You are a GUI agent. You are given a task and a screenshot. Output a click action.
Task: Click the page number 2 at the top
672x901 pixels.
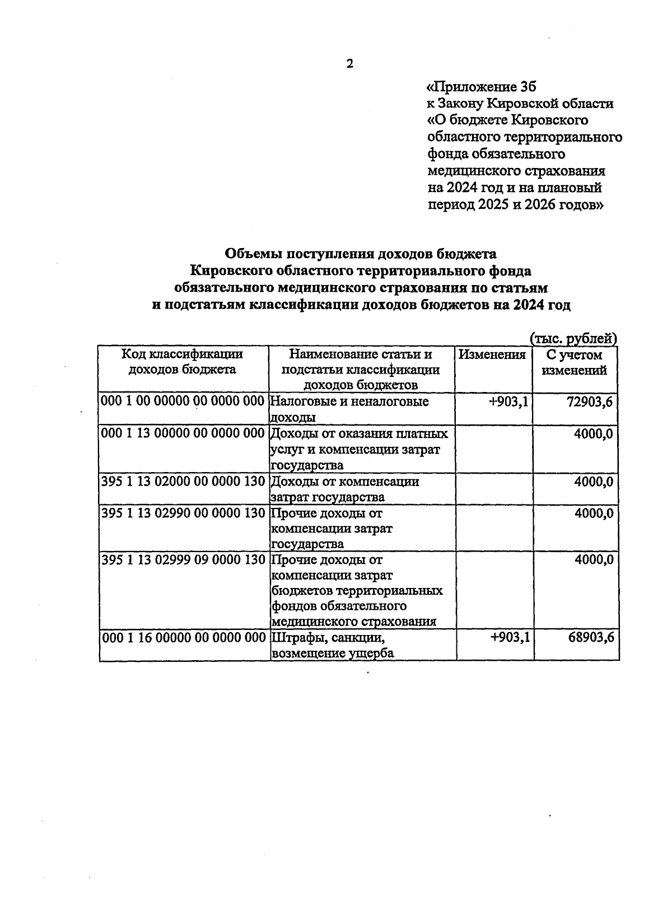(x=349, y=64)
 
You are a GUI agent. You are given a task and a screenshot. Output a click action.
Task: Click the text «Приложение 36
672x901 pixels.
(x=481, y=87)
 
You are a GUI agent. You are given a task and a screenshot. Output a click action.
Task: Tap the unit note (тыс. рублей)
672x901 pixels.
(x=573, y=338)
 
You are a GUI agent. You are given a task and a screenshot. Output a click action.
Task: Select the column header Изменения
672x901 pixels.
(x=492, y=354)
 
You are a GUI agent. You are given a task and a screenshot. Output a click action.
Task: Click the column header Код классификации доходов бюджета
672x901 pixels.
(x=183, y=362)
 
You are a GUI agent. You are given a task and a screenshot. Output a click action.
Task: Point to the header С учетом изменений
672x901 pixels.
(x=575, y=362)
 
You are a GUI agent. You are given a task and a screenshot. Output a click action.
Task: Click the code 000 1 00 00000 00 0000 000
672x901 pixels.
(x=183, y=402)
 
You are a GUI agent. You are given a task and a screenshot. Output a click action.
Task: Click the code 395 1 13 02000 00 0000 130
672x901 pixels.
(x=183, y=482)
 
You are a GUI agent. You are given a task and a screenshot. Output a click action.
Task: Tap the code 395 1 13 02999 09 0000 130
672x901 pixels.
(x=183, y=560)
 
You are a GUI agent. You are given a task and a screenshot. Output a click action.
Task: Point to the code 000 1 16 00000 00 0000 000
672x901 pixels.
(x=183, y=637)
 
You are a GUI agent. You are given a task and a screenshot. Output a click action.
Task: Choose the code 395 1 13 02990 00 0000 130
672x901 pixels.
(x=183, y=513)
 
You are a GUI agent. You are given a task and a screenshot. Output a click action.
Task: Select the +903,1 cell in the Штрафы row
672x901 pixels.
(x=510, y=637)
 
